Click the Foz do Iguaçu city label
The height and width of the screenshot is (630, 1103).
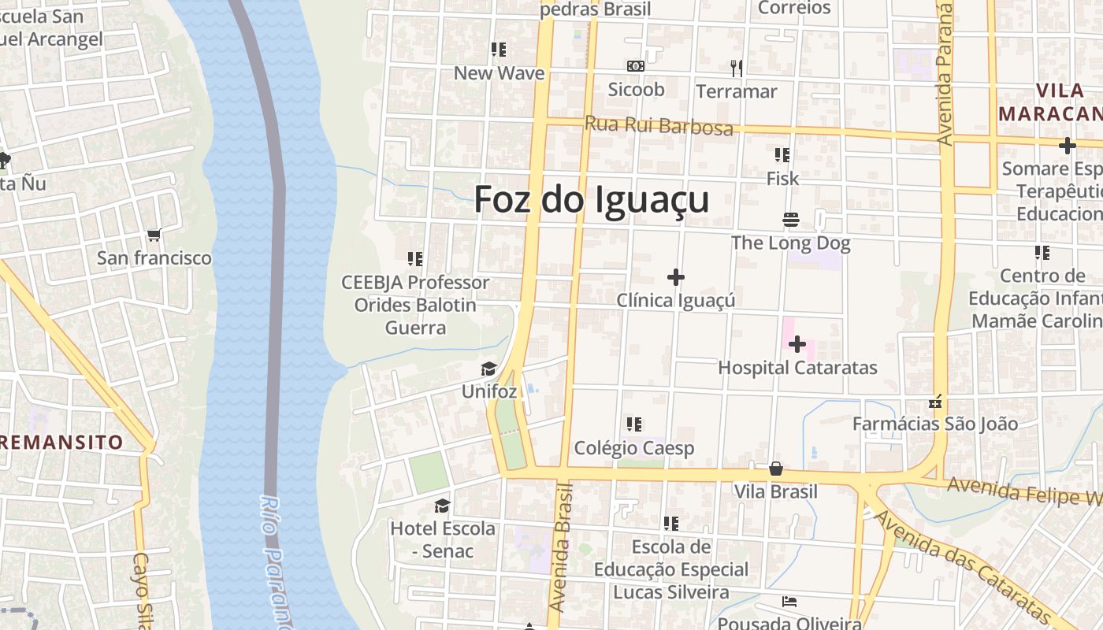tap(591, 200)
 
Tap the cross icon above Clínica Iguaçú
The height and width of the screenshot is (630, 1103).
tap(675, 277)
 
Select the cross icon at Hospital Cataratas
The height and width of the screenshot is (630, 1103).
tap(797, 344)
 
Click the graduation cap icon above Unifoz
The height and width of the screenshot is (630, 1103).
tap(488, 369)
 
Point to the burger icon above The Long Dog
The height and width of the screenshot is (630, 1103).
tap(790, 219)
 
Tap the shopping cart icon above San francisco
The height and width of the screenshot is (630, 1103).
tap(154, 235)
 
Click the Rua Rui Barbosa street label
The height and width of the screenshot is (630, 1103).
tap(659, 126)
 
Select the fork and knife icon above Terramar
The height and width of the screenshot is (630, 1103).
tap(737, 69)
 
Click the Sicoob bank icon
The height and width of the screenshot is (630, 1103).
tap(635, 67)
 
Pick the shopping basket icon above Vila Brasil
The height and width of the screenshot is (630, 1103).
tap(776, 469)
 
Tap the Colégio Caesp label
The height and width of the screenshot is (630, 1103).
tap(634, 448)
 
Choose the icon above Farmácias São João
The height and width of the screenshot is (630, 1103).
tap(936, 402)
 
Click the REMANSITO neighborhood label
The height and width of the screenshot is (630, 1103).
tap(61, 442)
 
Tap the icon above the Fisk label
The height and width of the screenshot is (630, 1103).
tap(782, 155)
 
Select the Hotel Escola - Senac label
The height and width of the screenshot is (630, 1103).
tap(443, 539)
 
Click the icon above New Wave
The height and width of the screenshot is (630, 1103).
tap(498, 50)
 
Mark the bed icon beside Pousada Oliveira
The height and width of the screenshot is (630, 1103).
tap(789, 602)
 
